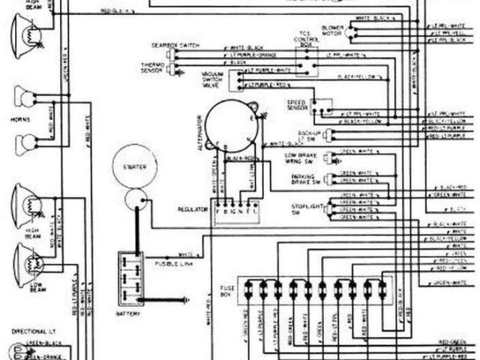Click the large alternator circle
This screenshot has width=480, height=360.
point(232,124)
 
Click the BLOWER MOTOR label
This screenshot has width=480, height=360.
point(331,30)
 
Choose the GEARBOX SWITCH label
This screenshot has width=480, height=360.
point(173,45)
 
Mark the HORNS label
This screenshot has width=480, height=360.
point(21,118)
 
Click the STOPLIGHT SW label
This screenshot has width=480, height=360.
point(307,206)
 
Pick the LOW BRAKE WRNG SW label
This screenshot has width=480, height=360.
point(302,158)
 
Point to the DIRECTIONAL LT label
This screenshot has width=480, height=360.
point(31,329)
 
